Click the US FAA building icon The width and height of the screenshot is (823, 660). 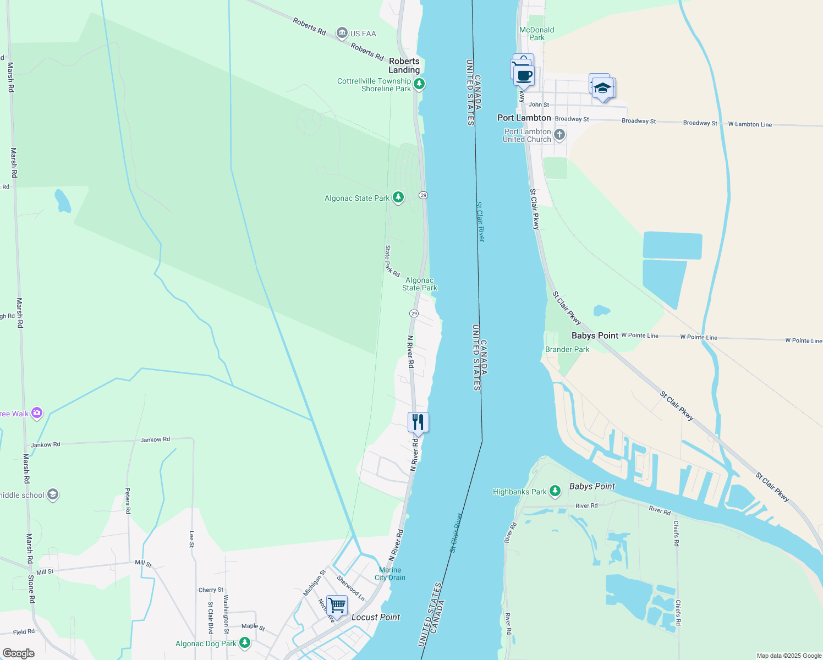point(342,34)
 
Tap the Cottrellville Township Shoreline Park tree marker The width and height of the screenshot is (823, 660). point(419,84)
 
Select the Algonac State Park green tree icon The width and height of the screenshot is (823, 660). point(398,198)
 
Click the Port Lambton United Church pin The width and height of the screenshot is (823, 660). point(559,135)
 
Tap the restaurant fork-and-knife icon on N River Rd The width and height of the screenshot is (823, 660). point(418,422)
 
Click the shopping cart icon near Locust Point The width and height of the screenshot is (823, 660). point(337,606)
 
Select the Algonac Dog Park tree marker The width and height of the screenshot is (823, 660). point(245,642)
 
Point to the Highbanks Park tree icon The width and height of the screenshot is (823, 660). point(555,491)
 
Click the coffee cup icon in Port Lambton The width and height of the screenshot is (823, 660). point(524,76)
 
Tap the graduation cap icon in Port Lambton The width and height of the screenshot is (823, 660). point(602,89)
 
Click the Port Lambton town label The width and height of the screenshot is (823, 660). point(524,118)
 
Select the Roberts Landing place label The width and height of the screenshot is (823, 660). point(404,65)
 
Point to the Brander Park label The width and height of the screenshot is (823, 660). point(567,349)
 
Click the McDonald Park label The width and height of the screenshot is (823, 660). point(536,34)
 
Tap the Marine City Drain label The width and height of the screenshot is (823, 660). point(389,574)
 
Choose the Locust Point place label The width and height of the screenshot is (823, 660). point(376,617)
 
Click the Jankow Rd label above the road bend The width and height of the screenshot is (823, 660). point(155,439)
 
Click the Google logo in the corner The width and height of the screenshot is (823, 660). point(18,653)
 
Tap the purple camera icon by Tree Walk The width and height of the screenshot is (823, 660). point(37,413)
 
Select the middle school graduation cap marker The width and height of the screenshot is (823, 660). point(53,494)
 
